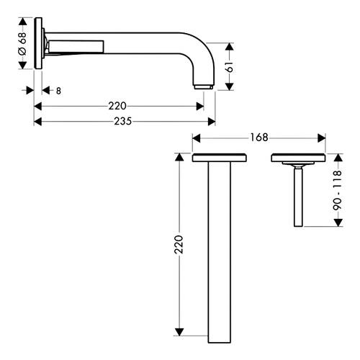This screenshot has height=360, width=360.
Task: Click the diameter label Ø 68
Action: (x=23, y=44)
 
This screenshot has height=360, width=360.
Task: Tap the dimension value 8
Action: (x=58, y=91)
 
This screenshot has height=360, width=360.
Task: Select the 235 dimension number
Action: (x=123, y=121)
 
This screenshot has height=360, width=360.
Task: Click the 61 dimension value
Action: (x=230, y=67)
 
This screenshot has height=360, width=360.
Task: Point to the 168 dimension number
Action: (x=259, y=138)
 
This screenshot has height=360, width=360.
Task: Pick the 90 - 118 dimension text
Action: (x=337, y=190)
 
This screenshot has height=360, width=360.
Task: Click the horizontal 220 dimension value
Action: (x=117, y=106)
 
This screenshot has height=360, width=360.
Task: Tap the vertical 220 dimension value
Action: (x=179, y=245)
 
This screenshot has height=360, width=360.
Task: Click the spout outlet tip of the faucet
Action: (x=203, y=86)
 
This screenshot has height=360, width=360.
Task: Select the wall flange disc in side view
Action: (x=38, y=43)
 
